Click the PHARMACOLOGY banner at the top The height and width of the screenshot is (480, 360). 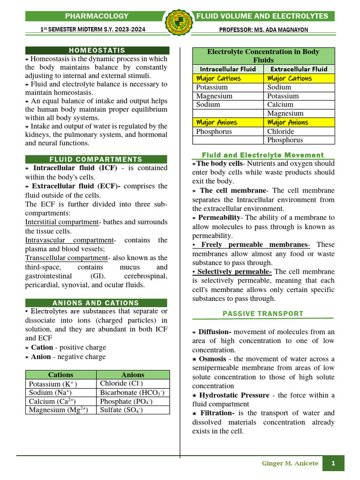[97, 16]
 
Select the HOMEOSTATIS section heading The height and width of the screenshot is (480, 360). [97, 50]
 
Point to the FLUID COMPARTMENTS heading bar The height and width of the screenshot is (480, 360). [96, 159]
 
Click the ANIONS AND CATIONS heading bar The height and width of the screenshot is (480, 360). [96, 303]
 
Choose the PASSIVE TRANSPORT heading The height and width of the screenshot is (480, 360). [262, 314]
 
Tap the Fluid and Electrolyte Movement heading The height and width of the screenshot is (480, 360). [262, 155]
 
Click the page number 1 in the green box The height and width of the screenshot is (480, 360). [333, 464]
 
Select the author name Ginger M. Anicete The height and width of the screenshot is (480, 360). [290, 464]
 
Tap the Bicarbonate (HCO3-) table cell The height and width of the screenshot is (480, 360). [132, 392]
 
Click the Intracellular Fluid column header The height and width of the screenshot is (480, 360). [228, 69]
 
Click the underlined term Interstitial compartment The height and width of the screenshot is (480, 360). [61, 222]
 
